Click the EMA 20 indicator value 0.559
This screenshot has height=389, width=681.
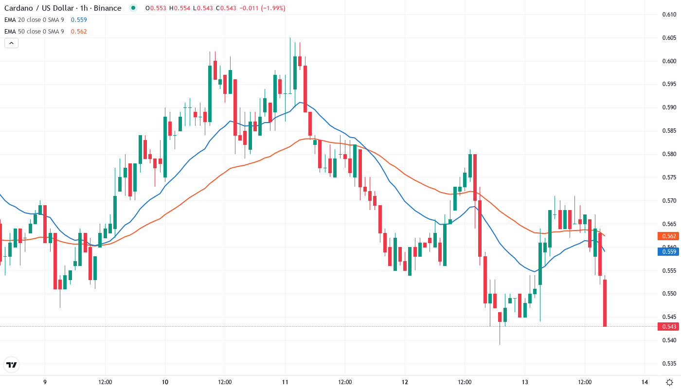click(x=79, y=19)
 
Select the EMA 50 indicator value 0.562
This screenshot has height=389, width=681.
click(x=79, y=31)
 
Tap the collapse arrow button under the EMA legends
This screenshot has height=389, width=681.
click(x=11, y=43)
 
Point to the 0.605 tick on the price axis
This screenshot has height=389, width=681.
click(x=669, y=38)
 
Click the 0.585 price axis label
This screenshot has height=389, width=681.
click(x=669, y=131)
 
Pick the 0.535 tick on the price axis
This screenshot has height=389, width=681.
click(x=669, y=363)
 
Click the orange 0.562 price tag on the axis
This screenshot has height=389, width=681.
click(x=669, y=236)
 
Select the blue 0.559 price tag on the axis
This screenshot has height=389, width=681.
click(x=669, y=251)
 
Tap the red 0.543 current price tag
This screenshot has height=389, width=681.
click(x=669, y=326)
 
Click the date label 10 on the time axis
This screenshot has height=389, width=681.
click(x=164, y=382)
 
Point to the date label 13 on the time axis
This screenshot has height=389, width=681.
click(x=525, y=382)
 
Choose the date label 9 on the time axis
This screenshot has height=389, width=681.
click(x=45, y=382)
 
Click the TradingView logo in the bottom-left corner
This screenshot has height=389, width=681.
click(x=11, y=364)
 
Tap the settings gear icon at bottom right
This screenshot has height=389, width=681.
click(x=670, y=382)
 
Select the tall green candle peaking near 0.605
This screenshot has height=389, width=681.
click(x=295, y=73)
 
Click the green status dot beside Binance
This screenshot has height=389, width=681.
click(x=133, y=8)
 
